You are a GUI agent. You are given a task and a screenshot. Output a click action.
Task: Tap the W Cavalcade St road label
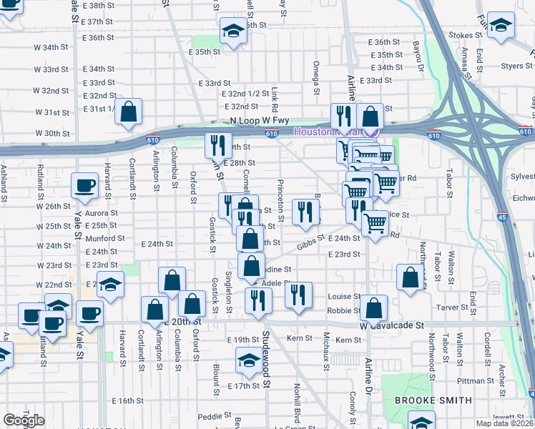click(x=392, y=325)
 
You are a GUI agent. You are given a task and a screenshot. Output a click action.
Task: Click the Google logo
click(x=24, y=420)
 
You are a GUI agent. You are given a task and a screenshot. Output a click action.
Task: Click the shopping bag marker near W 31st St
click(x=128, y=112)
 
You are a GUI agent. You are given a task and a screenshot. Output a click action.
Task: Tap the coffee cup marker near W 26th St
click(x=84, y=186)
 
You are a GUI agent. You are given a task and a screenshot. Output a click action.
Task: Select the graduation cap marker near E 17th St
click(x=249, y=362)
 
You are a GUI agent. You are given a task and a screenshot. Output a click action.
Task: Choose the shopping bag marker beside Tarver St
click(x=408, y=280)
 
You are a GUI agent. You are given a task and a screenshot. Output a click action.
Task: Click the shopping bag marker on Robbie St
click(x=374, y=308)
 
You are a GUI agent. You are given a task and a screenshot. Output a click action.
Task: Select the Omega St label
click(x=315, y=77)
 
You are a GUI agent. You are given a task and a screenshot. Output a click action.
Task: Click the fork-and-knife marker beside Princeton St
click(x=305, y=212)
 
